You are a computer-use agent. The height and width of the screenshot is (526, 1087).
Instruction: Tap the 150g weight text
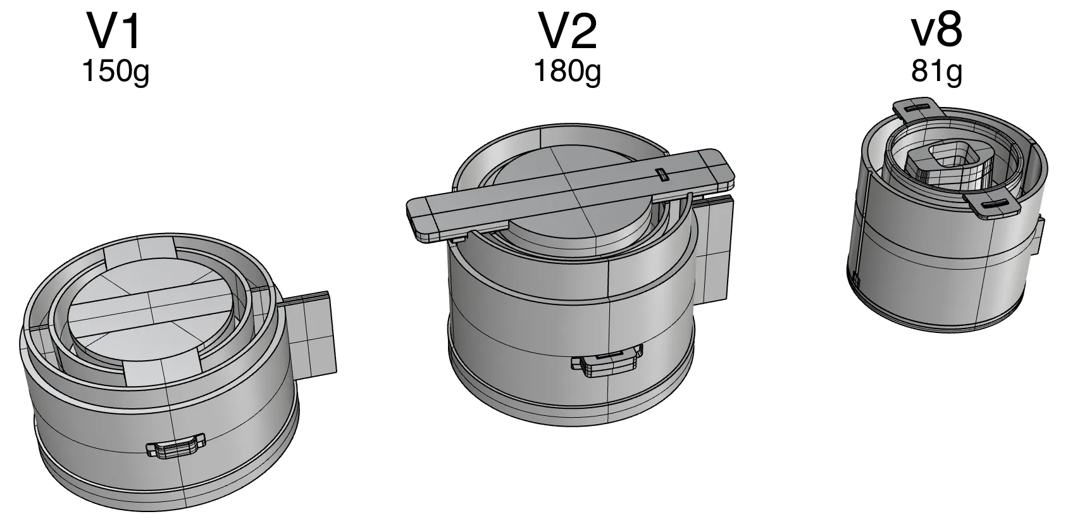click(x=116, y=72)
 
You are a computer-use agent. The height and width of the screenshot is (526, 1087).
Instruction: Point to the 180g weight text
click(x=568, y=72)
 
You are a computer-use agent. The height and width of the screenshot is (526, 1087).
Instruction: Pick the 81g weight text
click(x=937, y=72)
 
